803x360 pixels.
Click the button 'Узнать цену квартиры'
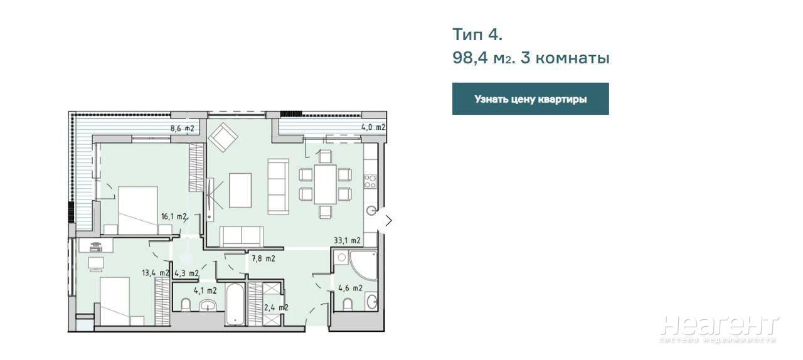[x=530, y=99]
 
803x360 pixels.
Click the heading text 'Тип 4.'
[x=477, y=34]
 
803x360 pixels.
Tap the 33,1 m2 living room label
[x=347, y=241]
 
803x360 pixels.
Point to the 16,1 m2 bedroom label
[x=174, y=216]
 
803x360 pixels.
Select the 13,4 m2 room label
[x=155, y=273]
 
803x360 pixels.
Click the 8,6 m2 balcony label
[x=182, y=129]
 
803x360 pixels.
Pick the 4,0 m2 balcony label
[x=373, y=127]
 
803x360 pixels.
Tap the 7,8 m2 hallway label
[x=263, y=258]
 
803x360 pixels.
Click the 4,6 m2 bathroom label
[x=351, y=288]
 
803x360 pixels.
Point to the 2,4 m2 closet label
[x=276, y=308]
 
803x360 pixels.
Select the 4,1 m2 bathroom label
[x=205, y=291]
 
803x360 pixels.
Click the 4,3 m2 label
[x=186, y=273]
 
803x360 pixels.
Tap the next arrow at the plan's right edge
[x=388, y=221]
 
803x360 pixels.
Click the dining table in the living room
[x=325, y=184]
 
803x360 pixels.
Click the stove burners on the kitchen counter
[x=370, y=181]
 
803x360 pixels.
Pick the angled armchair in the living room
[x=223, y=137]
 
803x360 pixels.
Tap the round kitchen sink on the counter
[x=371, y=211]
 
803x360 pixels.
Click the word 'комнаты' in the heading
[x=573, y=58]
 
